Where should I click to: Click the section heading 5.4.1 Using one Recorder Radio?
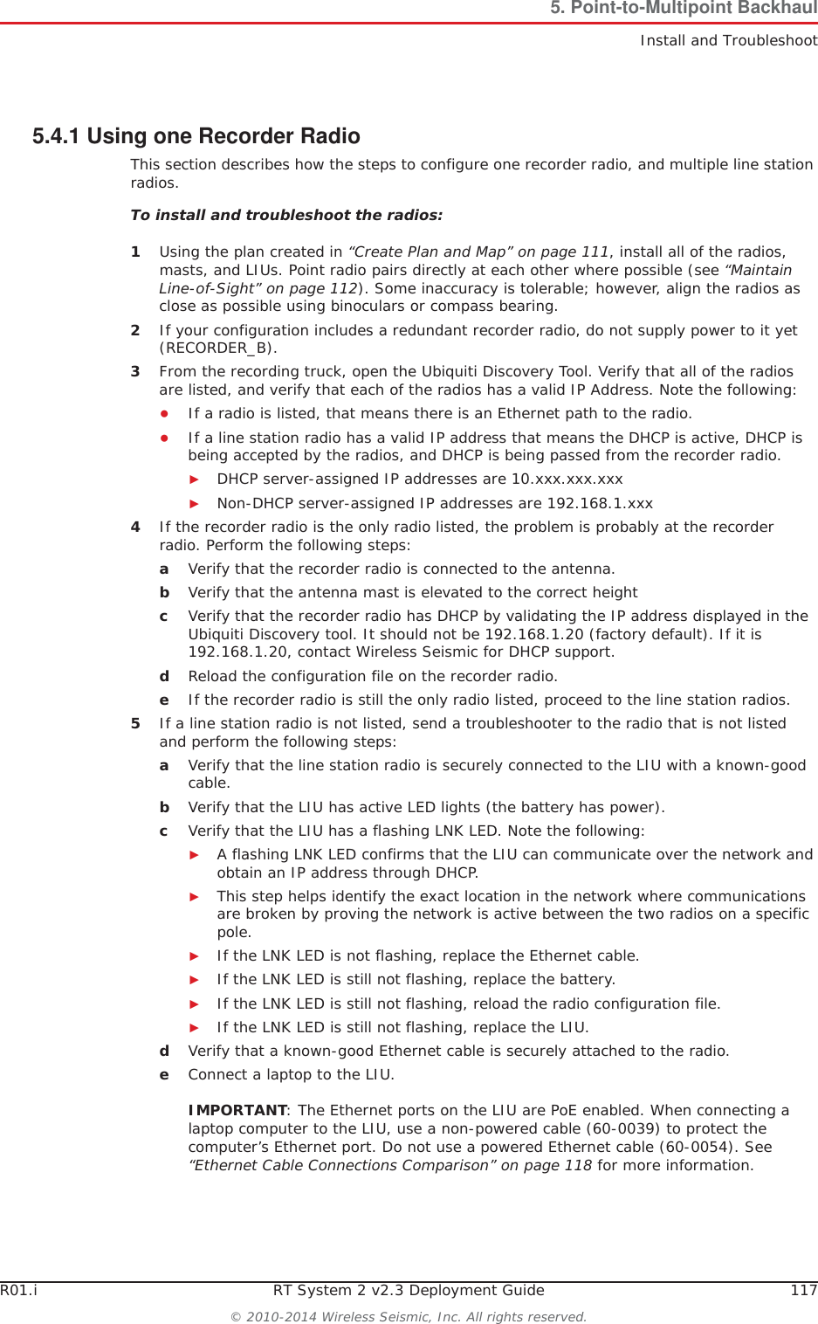196,136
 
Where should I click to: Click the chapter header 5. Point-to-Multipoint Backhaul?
683,9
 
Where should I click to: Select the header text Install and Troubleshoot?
728,40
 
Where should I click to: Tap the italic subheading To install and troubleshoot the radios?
286,215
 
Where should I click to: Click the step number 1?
135,252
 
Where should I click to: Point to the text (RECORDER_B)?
218,348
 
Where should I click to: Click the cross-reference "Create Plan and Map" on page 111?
479,252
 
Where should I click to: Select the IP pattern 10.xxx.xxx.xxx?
567,479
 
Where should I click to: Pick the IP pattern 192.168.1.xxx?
599,503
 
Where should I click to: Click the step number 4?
135,527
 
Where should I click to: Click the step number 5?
135,723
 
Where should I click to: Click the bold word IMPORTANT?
237,1110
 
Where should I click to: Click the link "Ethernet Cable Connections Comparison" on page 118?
390,1165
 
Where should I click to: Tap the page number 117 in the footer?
803,1290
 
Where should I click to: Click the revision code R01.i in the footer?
18,1290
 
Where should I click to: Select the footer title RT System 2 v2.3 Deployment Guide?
409,1290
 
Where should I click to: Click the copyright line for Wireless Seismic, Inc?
409,1316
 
